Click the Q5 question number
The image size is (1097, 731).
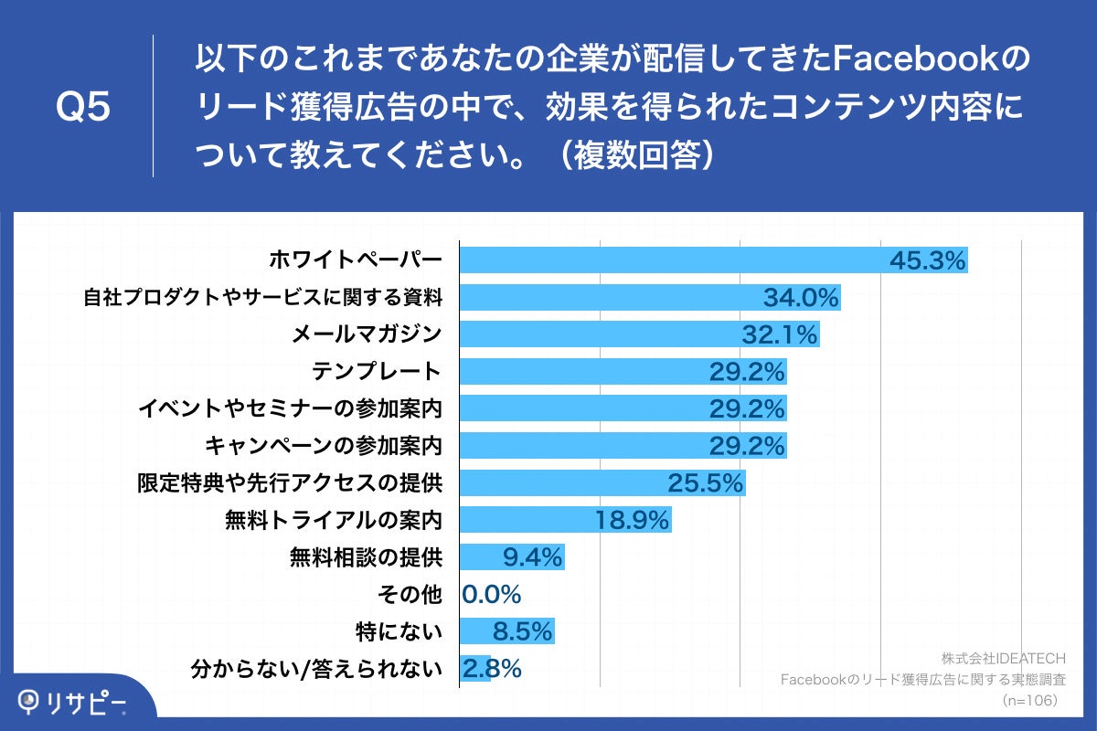tap(83, 108)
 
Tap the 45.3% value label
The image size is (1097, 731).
tap(928, 260)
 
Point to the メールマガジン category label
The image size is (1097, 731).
tap(367, 334)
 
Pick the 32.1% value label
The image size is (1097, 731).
tap(779, 334)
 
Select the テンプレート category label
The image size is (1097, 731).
tap(377, 371)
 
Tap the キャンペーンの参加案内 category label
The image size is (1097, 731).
tap(324, 446)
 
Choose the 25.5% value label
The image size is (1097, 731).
tap(706, 482)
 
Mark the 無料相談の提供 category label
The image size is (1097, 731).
tap(366, 557)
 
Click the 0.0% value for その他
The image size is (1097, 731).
tap(491, 595)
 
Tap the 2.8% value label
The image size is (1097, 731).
tap(492, 669)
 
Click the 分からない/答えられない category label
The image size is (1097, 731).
tap(316, 669)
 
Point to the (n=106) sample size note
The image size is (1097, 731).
tap(1030, 700)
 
